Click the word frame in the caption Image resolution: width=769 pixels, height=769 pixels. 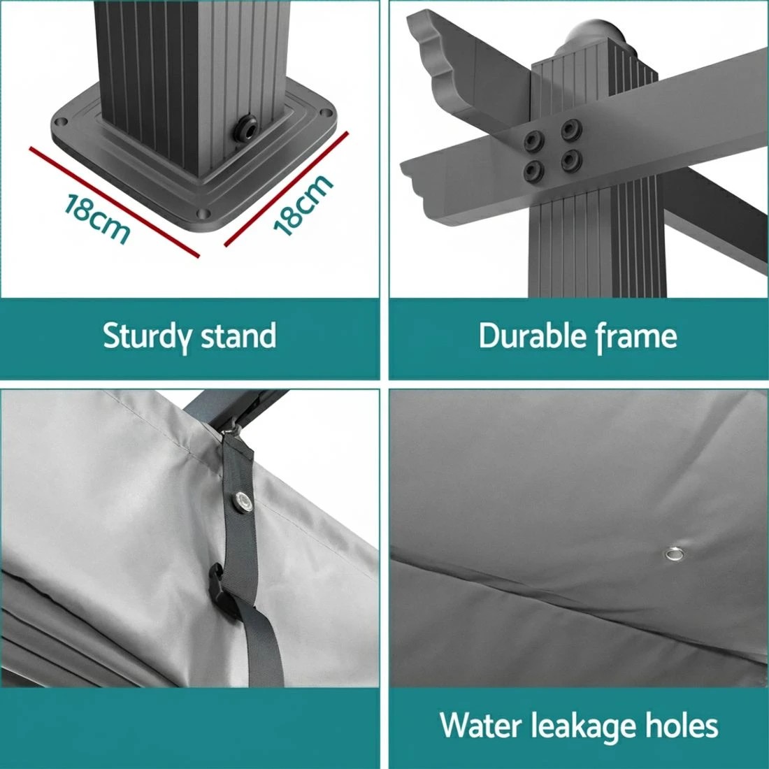pos(636,337)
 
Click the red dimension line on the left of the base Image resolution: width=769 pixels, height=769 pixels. pos(114,201)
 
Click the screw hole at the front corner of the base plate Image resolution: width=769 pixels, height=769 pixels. pos(203,214)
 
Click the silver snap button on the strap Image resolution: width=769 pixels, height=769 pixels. pos(242,501)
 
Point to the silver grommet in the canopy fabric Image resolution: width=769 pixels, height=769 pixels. pos(675,554)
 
